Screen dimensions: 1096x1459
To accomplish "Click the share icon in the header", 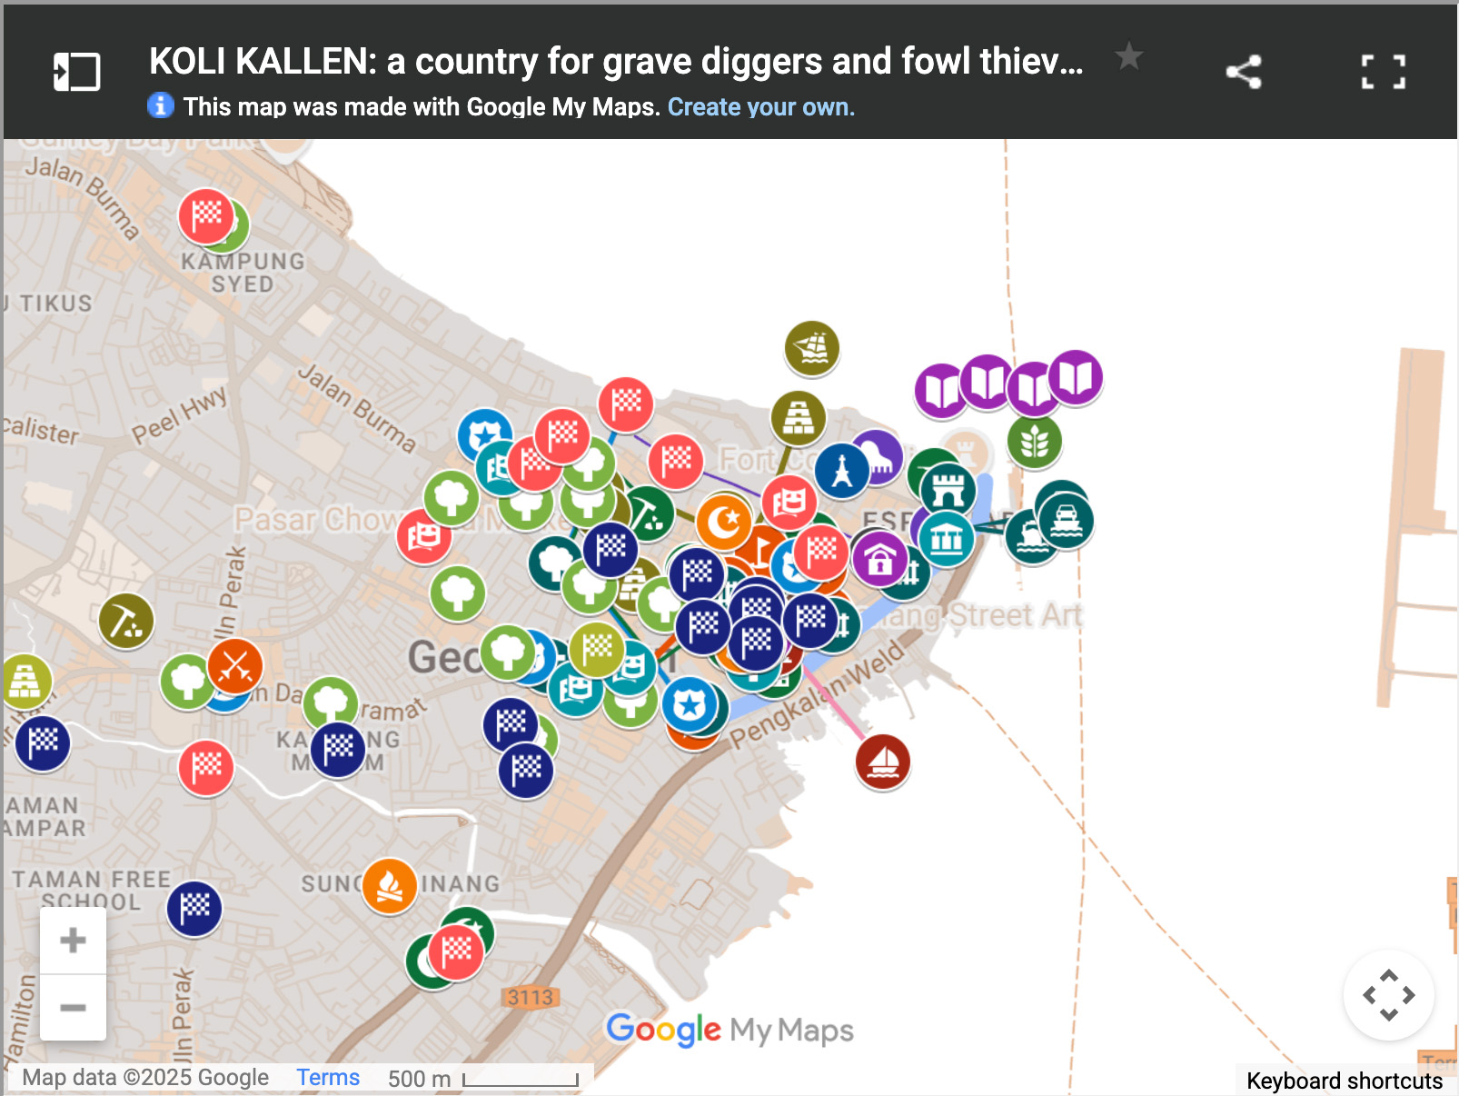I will coord(1244,72).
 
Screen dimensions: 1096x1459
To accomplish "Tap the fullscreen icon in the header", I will coord(1383,72).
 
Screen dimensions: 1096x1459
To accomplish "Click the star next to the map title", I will coord(1128,57).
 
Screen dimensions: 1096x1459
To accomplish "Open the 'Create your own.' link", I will coord(760,107).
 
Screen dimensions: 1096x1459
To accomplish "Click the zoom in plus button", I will coord(73,941).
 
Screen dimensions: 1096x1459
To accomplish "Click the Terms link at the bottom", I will coord(328,1078).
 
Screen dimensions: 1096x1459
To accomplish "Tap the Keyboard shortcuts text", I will coord(1344,1081).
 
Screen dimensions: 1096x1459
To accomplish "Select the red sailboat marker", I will coord(882,762).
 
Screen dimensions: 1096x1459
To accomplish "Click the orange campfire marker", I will coord(390,885).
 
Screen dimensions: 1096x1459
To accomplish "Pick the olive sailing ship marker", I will coord(811,347).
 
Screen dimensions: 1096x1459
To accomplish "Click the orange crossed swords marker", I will coord(235,666).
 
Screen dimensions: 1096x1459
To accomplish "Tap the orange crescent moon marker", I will coord(724,521).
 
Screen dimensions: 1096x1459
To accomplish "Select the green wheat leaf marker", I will coord(1034,442).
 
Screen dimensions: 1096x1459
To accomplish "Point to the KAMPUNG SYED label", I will coord(243,273).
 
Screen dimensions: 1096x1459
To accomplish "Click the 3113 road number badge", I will coord(530,997).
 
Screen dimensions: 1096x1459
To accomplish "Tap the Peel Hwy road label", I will coord(179,415).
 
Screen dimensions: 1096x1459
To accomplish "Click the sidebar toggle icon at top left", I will coord(76,72).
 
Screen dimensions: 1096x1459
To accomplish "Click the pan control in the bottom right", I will coord(1388,995).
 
